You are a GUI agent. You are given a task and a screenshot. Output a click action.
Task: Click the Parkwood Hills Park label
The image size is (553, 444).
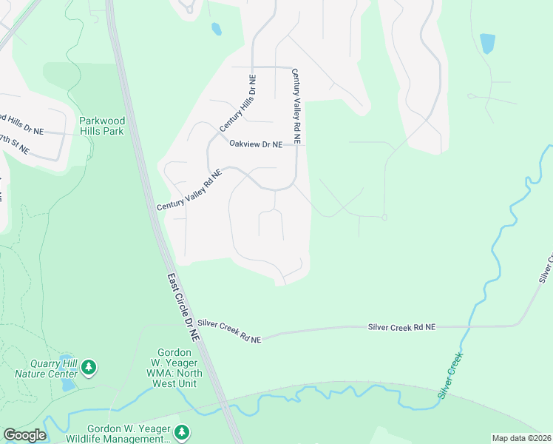[101, 126]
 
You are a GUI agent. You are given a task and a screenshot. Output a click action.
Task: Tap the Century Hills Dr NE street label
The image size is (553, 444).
[237, 104]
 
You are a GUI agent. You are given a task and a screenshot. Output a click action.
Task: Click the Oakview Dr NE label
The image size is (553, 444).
[256, 144]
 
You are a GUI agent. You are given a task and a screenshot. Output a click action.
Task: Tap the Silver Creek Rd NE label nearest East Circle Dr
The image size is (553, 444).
[229, 331]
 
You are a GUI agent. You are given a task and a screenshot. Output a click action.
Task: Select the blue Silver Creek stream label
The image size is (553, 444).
[450, 376]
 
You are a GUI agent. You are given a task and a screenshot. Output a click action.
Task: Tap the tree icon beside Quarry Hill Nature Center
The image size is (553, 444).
[89, 367]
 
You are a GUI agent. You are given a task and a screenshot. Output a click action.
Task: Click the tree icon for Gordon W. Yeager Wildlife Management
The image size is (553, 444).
[182, 431]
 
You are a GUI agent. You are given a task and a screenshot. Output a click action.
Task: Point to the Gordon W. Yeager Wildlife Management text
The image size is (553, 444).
[129, 434]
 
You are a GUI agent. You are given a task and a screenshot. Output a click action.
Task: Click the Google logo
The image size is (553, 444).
[24, 435]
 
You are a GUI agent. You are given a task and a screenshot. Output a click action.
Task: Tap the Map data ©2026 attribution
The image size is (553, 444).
[522, 438]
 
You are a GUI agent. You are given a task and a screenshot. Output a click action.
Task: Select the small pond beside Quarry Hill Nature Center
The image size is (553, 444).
[68, 385]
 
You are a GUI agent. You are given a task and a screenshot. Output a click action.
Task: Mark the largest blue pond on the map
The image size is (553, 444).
[487, 44]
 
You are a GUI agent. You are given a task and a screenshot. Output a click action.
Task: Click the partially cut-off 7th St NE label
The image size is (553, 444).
[15, 143]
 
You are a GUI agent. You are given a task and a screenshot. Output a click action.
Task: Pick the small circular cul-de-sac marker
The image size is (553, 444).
[384, 217]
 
